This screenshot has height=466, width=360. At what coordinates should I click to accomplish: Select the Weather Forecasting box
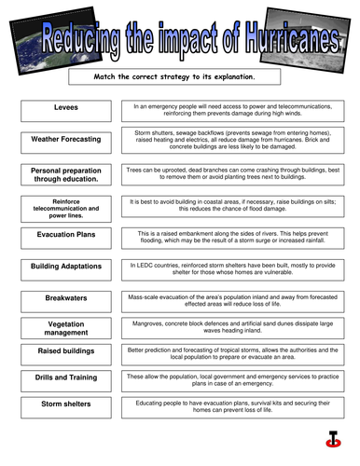(x=66, y=140)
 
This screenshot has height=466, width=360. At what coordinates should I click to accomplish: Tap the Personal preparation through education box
(x=66, y=175)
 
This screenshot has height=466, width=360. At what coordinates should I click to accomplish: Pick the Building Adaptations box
(x=66, y=267)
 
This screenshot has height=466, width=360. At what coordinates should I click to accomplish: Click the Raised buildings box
(x=66, y=351)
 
